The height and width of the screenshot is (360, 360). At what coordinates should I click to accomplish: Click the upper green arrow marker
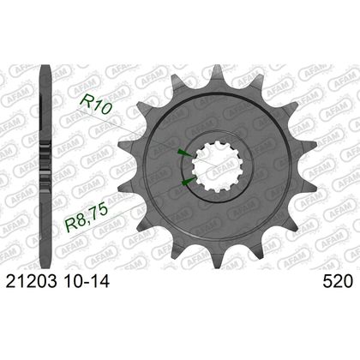coord(183,153)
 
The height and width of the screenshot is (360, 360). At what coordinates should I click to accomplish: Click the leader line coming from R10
coord(141,129)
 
